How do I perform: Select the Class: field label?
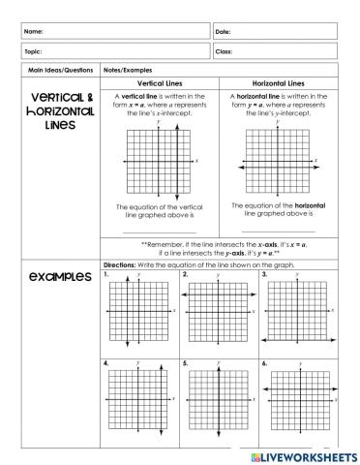click(x=225, y=51)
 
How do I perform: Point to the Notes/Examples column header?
click(x=125, y=71)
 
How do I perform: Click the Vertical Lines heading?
click(x=160, y=83)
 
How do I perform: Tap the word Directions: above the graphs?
click(x=121, y=264)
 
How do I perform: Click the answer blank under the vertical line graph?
click(x=160, y=232)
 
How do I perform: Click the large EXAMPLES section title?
click(x=53, y=277)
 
